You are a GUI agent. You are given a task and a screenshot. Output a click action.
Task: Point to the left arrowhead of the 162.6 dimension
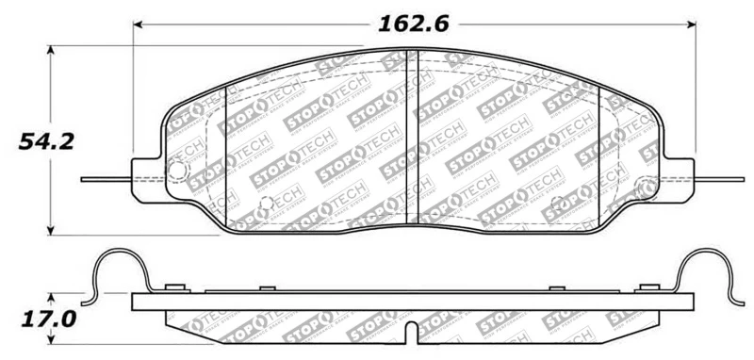[x=137, y=24]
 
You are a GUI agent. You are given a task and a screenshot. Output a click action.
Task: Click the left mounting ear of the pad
[x=145, y=178]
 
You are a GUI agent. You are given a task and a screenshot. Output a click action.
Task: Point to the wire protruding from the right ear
[x=721, y=178]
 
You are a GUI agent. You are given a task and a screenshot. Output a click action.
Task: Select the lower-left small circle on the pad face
[x=266, y=201]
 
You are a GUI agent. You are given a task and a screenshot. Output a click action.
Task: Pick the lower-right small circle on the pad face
[x=556, y=201]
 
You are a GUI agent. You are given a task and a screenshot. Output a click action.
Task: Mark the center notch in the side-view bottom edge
[x=412, y=333]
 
